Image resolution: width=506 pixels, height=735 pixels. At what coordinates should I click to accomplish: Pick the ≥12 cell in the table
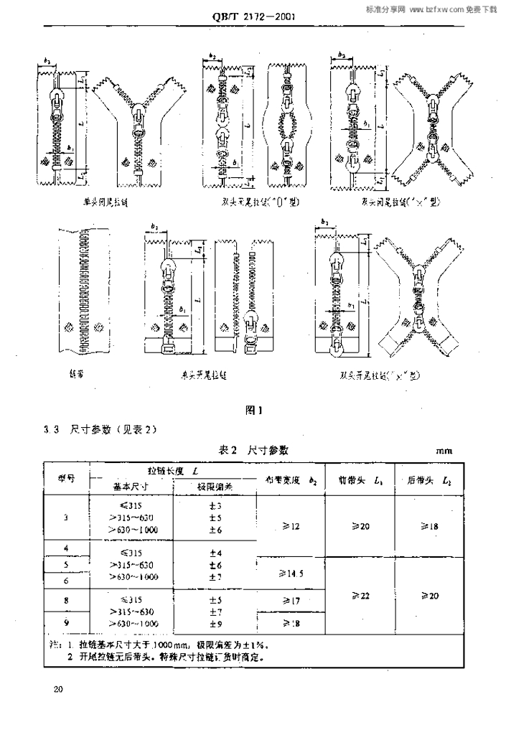click(291, 526)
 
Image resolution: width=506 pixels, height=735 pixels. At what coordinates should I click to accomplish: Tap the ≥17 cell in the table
click(291, 600)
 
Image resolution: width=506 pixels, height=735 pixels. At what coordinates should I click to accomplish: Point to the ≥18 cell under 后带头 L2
click(428, 526)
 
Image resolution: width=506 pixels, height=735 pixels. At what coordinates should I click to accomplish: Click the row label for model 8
click(66, 600)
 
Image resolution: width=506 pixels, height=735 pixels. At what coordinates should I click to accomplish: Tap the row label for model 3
click(66, 518)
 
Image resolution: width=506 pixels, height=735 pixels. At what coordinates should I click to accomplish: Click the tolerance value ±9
click(214, 624)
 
